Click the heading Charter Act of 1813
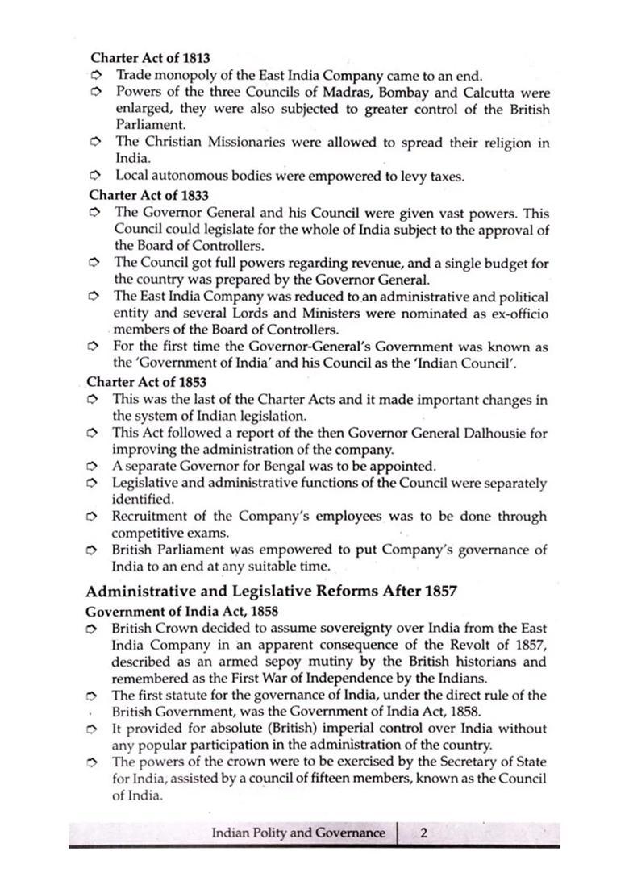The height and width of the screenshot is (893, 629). [x=150, y=58]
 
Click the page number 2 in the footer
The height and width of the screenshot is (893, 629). [x=423, y=833]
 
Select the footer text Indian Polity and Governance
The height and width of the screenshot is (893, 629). [x=298, y=833]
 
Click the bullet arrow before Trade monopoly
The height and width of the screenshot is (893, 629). [x=95, y=76]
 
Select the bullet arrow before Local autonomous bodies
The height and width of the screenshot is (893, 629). [x=95, y=176]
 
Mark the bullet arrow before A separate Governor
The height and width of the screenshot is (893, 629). [x=94, y=467]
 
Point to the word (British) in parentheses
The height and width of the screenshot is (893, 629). [x=285, y=729]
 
